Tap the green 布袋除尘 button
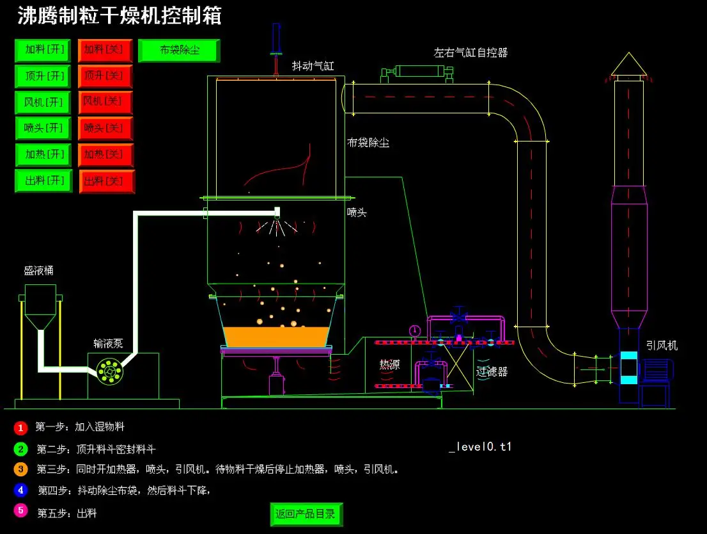click(179, 50)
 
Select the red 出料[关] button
click(107, 181)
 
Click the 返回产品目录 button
click(306, 514)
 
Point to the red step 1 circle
click(20, 427)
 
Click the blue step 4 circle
click(20, 490)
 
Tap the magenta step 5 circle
click(20, 511)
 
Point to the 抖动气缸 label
click(313, 66)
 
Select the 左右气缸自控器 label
click(470, 53)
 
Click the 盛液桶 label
click(39, 271)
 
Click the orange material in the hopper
click(277, 336)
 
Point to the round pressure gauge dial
click(415, 331)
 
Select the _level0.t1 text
click(480, 447)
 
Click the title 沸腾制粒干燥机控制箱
click(119, 15)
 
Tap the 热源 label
click(389, 365)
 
